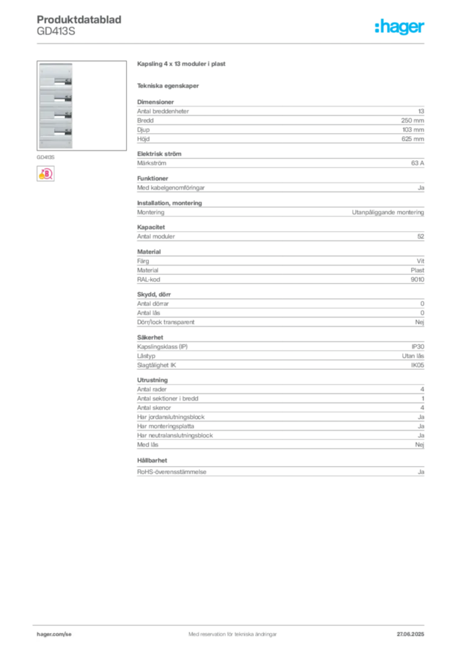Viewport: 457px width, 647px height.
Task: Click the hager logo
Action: click(400, 27)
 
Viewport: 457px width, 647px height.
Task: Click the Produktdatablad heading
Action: click(79, 20)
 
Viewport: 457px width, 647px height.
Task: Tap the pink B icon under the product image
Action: click(45, 174)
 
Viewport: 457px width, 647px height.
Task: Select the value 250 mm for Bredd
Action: click(412, 121)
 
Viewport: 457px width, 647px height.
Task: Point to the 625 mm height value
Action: click(412, 139)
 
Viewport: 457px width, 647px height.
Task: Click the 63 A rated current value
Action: click(417, 163)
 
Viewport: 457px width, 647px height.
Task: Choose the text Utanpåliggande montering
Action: click(388, 212)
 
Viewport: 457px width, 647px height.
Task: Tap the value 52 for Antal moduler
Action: click(421, 236)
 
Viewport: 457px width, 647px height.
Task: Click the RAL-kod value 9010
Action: click(417, 279)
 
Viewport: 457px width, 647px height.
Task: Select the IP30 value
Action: click(418, 347)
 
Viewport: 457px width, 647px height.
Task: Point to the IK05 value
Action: click(417, 365)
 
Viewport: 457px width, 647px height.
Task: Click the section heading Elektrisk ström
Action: click(159, 154)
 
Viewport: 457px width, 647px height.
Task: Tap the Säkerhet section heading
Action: click(150, 337)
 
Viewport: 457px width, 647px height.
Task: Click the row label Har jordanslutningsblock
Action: click(170, 417)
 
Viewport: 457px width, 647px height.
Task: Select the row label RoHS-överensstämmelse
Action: click(172, 471)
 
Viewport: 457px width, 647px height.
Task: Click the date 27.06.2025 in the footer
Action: click(410, 634)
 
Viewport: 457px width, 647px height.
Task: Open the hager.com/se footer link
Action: click(54, 634)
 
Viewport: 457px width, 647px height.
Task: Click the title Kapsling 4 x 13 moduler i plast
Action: click(181, 64)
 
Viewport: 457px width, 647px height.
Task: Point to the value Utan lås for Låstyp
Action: click(413, 356)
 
